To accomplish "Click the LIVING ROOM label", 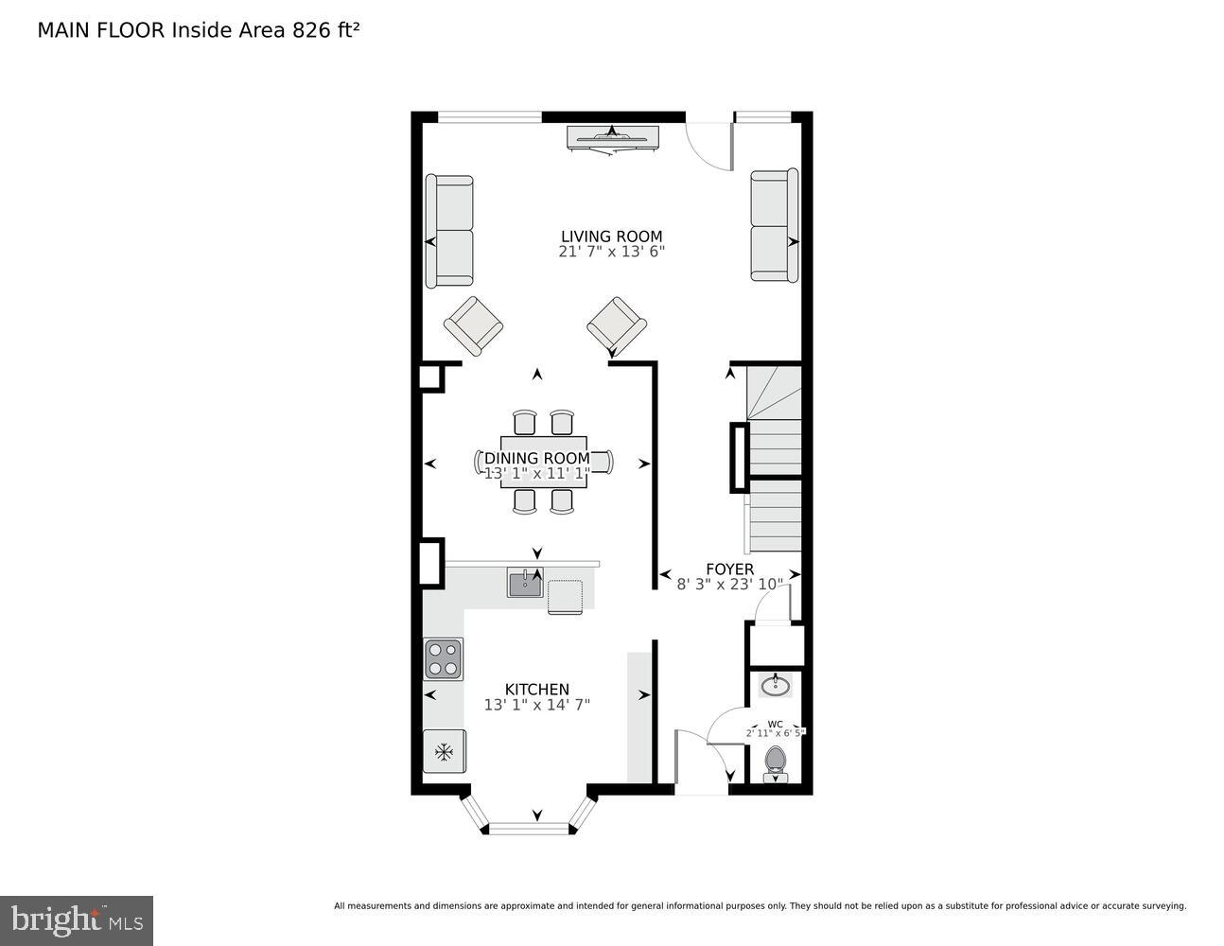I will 611,236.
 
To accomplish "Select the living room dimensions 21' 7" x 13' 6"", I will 611,252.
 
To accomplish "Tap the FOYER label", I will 729,569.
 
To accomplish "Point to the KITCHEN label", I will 536,690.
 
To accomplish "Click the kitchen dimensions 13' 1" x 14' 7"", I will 536,705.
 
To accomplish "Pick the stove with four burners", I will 444,658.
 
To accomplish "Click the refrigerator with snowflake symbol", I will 444,752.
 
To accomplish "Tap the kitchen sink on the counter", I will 524,584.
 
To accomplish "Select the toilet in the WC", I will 776,762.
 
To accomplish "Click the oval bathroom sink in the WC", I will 776,685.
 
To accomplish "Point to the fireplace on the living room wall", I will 612,138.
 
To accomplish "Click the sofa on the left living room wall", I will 449,231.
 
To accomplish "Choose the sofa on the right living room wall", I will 774,226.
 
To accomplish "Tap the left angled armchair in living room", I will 473,324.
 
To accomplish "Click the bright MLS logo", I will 77,920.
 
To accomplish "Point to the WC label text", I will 775,724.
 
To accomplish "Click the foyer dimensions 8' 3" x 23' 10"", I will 729,585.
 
